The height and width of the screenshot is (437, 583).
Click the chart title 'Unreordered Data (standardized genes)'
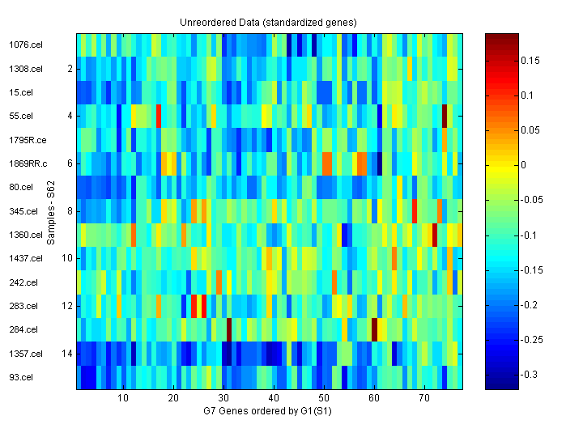[268, 22]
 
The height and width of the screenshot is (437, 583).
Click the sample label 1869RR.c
[27, 164]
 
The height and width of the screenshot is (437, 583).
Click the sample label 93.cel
[20, 377]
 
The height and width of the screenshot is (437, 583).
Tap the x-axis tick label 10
[123, 399]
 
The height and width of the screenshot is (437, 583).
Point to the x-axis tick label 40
[274, 399]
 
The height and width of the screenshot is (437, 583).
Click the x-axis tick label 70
[424, 399]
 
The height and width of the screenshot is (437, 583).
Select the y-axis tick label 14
[69, 354]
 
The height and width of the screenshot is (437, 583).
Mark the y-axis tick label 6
[70, 163]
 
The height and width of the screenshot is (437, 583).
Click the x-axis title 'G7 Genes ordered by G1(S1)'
[268, 411]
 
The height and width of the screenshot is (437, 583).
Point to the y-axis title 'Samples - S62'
[51, 212]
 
